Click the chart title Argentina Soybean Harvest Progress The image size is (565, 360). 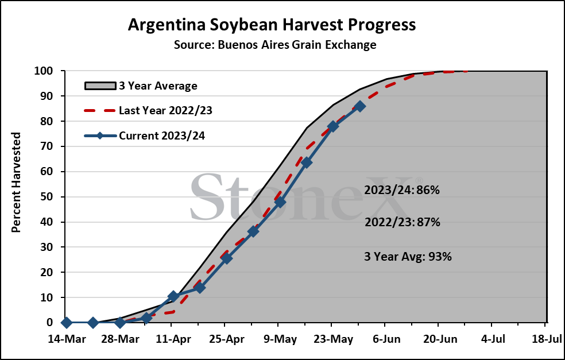coord(272,25)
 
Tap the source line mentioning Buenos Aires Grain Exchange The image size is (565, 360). coord(275,45)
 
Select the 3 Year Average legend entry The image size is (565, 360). coord(141,86)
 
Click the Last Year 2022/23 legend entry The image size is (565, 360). coord(148,110)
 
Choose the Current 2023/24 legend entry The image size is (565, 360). coord(145,136)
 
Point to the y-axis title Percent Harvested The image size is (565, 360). coord(16,183)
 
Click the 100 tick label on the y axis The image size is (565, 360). coord(44,71)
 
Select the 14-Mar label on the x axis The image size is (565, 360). coord(67,339)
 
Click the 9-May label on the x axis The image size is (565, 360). coord(280,339)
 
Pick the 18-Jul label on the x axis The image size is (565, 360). coord(545,339)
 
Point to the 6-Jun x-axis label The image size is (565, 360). coord(386,339)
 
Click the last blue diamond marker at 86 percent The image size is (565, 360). coord(359,106)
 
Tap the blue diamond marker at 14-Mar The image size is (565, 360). coord(66,323)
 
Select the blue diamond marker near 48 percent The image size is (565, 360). coord(280,202)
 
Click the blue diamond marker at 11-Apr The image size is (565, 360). coord(173,297)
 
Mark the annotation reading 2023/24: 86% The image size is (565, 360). coord(402,190)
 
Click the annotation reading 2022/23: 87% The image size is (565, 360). coord(402,222)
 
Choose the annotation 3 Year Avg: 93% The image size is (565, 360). coord(408,257)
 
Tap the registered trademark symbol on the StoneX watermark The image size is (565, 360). coord(419,180)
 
